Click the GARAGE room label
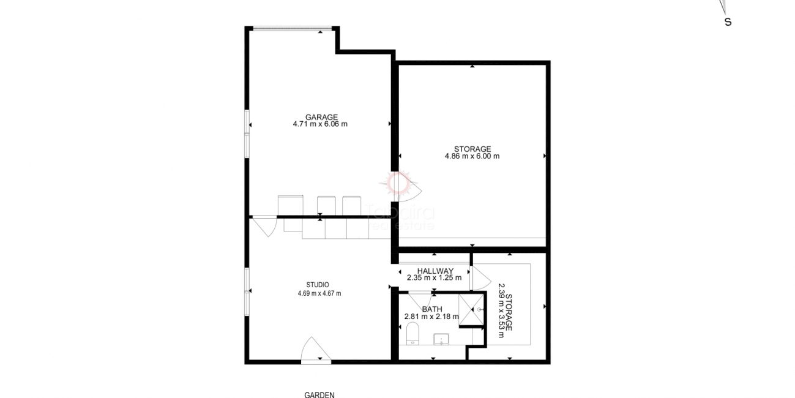point(321,117)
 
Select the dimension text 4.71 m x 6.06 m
point(320,124)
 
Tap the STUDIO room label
point(318,285)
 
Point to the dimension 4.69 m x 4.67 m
point(319,293)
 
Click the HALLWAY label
point(435,271)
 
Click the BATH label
point(431,309)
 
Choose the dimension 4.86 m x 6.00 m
point(472,156)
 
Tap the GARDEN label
point(319,395)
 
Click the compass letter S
point(728,22)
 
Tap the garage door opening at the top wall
point(292,28)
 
